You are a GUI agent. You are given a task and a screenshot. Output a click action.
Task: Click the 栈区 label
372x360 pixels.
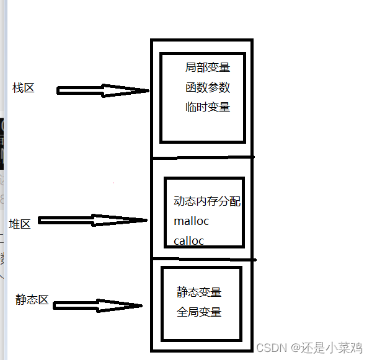[24, 88]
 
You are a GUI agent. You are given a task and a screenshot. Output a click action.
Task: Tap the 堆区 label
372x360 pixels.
[20, 224]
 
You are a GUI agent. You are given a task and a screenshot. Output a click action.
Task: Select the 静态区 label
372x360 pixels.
[32, 299]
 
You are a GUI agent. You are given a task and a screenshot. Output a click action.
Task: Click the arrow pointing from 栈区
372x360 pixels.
[102, 90]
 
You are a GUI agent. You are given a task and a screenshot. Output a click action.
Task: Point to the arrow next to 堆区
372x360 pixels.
[93, 221]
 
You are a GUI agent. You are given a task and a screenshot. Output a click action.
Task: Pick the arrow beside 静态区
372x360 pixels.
[97, 305]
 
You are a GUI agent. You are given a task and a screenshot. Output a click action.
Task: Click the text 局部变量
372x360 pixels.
[207, 68]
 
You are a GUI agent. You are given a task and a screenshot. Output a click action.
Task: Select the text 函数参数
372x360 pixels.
[207, 87]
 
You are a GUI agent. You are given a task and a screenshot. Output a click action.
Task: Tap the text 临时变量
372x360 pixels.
[207, 107]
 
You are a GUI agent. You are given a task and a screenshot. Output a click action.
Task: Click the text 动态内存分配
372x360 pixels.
[207, 201]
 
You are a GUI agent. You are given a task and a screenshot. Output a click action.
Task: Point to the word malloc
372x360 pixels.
[192, 221]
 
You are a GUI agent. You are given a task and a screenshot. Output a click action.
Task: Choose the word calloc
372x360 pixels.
[189, 241]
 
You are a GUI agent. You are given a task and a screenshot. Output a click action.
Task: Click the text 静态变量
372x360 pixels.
[199, 292]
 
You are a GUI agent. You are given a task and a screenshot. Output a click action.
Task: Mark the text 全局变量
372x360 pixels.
[199, 312]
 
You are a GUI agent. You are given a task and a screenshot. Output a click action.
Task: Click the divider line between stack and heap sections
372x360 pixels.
[202, 157]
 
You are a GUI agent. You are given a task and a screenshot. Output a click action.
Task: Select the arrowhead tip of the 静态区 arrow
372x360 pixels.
[142, 305]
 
